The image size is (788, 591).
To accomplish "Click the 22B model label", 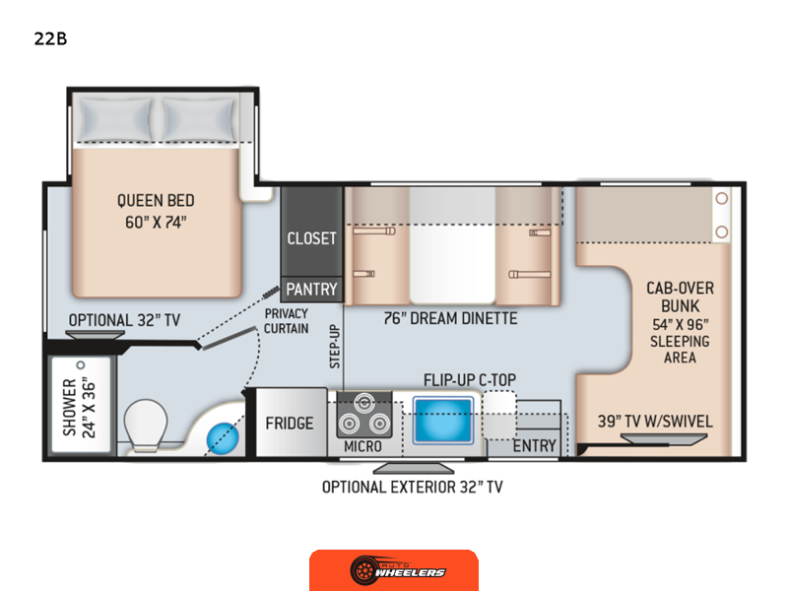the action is tap(50, 38).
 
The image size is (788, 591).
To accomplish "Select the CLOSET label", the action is tap(311, 238).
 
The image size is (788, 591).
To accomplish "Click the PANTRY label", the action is tap(311, 290).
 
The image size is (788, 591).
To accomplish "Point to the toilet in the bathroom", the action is tap(146, 425).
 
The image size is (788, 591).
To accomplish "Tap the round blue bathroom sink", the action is tap(223, 438).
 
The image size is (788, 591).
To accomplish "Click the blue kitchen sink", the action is tap(442, 421).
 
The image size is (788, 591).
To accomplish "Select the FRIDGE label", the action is tap(290, 424).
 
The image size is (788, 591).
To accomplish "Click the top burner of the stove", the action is tap(364, 403).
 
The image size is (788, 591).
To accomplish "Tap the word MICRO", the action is tap(362, 446).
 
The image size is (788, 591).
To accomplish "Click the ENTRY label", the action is tap(534, 446).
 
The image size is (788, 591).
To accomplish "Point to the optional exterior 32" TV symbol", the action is tap(413, 469).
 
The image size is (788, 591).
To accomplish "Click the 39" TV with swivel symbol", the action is tap(664, 439).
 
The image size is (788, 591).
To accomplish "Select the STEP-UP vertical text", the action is tap(335, 347).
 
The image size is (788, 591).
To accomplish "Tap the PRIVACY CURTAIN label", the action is tap(287, 321).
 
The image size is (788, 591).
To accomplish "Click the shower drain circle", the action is tap(81, 365).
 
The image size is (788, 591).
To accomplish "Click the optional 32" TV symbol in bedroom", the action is tap(95, 335).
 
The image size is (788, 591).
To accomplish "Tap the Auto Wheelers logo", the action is tap(394, 570).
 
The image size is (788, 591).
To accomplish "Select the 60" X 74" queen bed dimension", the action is tap(156, 223).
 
